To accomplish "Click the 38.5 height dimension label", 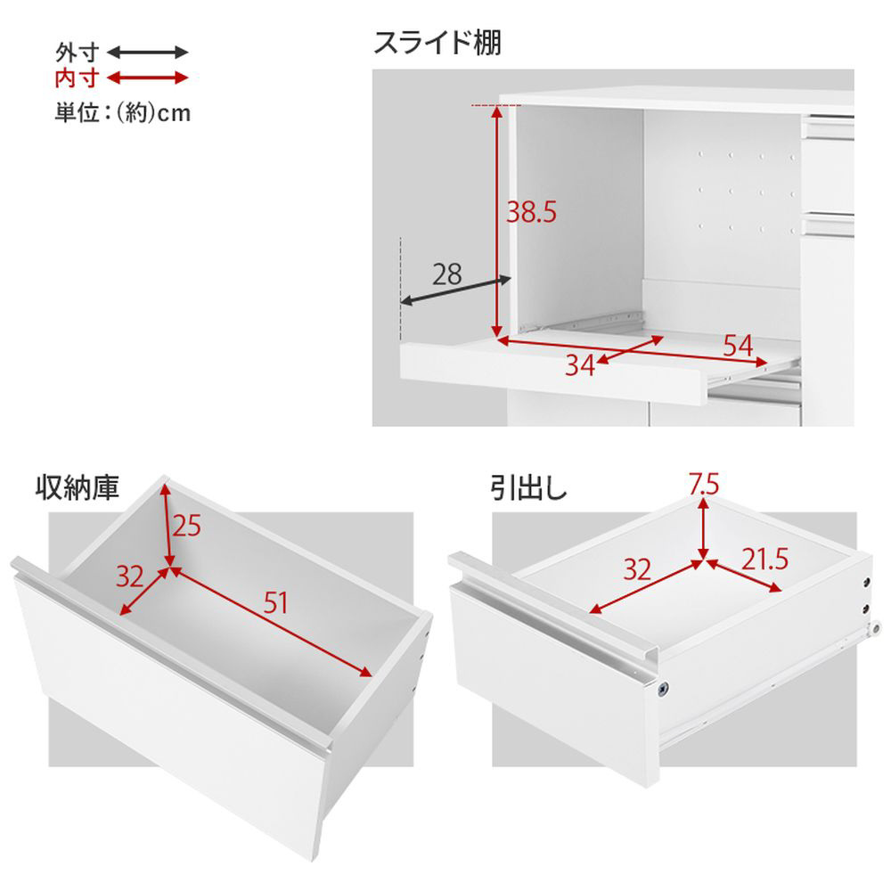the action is coord(531,212).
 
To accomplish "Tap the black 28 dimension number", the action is coord(446,275).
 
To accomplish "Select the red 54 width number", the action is coord(738,346).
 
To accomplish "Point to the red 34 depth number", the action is coord(580,365).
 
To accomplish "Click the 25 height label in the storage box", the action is coord(187,527).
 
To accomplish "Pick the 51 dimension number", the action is coord(275,603).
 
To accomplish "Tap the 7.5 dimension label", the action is coord(704,484).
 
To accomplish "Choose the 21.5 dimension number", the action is coord(764,560).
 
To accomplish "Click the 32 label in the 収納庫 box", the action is coord(130,576).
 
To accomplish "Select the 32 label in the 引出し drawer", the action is coord(637,569).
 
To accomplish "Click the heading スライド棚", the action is coord(437,43).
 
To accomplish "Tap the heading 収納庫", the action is coord(78,487).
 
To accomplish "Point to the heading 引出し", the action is coord(529,487).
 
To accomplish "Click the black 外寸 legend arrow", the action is coord(148,53).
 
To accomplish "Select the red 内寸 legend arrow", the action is coord(148,78).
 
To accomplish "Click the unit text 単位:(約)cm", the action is coord(123,112).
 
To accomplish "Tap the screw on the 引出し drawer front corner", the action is coord(663,689).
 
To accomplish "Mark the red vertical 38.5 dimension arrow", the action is coord(497,222).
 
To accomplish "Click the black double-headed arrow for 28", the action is coord(455,290).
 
